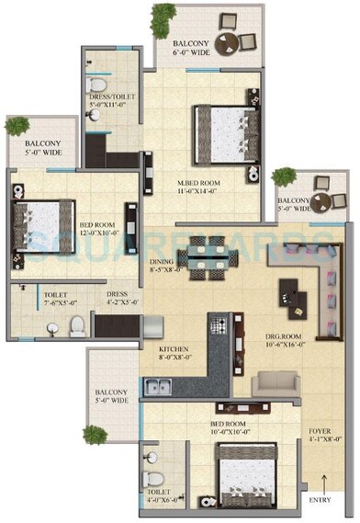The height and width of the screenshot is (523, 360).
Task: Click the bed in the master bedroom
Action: click(x=221, y=126)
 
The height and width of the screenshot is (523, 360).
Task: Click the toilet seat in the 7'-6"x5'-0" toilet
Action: click(x=80, y=323)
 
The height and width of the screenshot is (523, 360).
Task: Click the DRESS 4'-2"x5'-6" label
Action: click(x=122, y=299)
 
